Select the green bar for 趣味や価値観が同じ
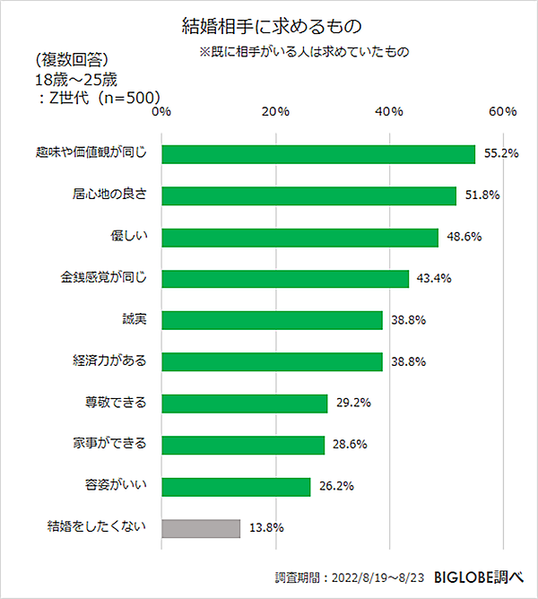[x=318, y=154]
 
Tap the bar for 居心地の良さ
[x=309, y=195]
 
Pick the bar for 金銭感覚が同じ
[x=285, y=279]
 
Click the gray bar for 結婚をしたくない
[x=201, y=528]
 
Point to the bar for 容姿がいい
[x=236, y=487]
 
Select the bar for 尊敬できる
[x=244, y=404]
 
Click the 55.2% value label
[x=501, y=154]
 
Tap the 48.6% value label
[x=464, y=238]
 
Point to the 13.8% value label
[x=266, y=528]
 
